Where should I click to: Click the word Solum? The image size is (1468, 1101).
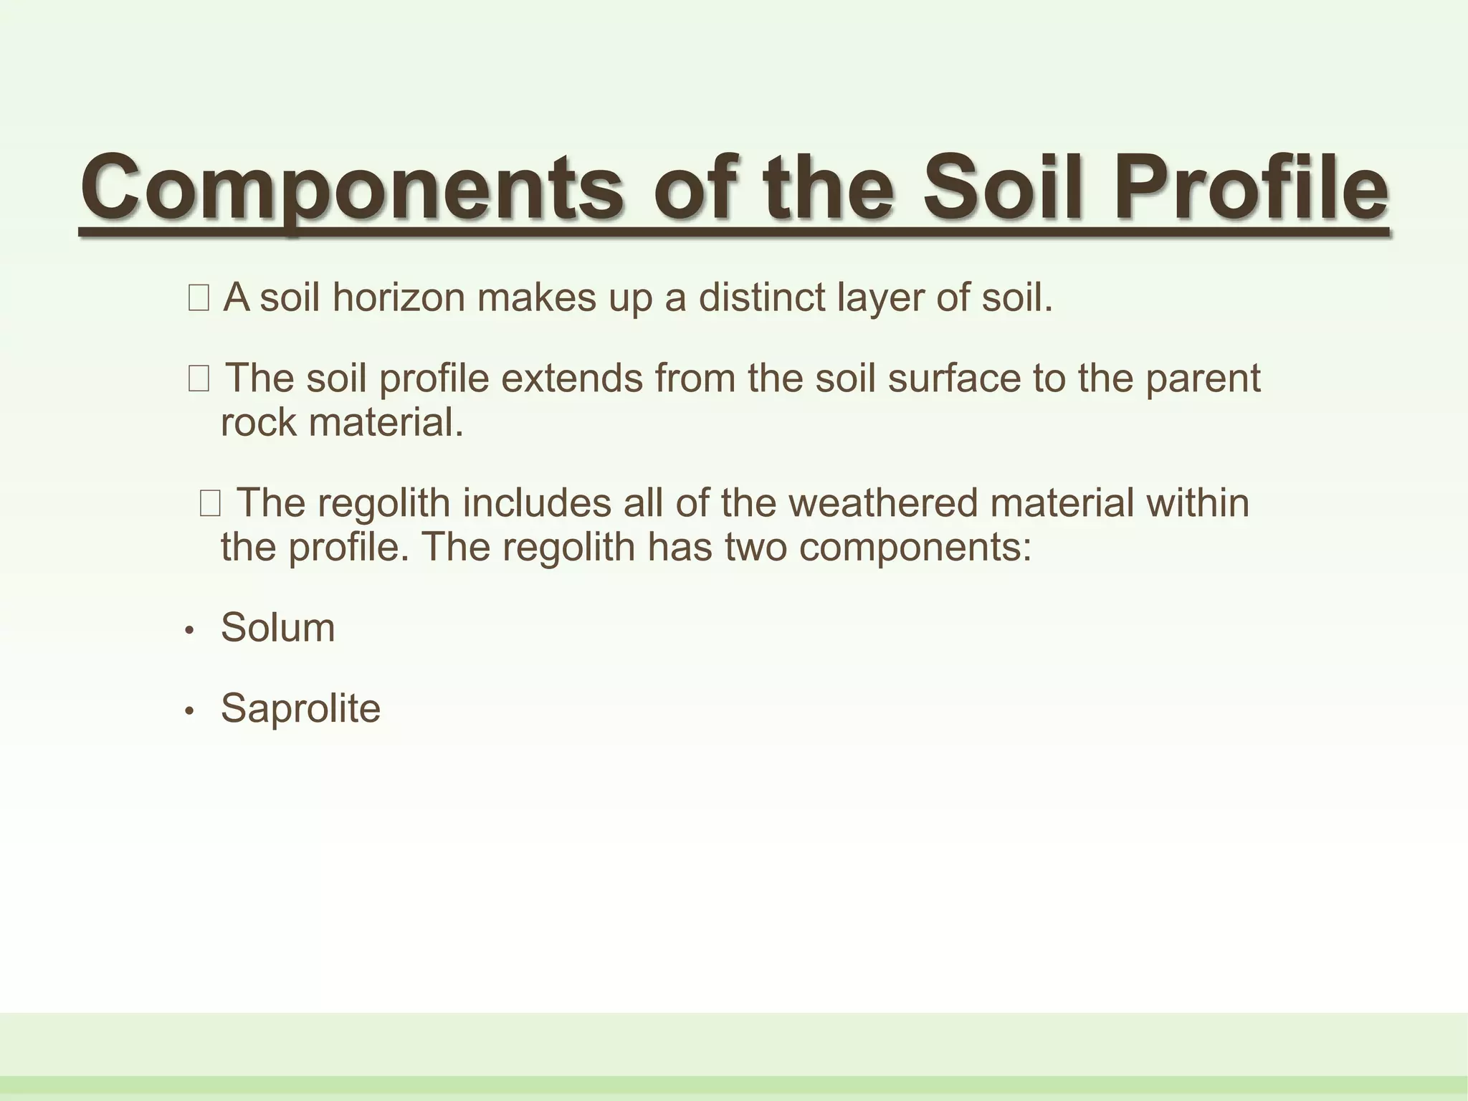pos(277,627)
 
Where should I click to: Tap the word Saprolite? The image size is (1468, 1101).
pos(300,708)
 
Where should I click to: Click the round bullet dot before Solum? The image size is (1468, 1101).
pos(190,631)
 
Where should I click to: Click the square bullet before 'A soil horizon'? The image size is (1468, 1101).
pos(199,298)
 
